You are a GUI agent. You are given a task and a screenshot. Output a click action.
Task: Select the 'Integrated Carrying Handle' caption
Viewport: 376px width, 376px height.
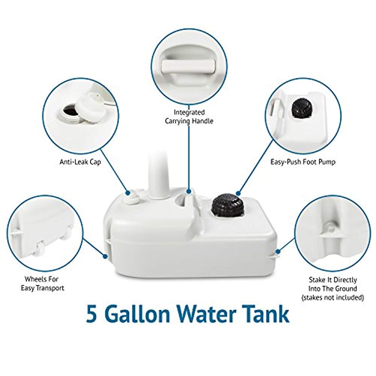click(x=189, y=117)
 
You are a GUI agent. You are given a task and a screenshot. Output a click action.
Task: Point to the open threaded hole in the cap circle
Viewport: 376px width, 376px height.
click(x=69, y=111)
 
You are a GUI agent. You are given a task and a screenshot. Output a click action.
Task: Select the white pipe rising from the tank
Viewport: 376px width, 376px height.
click(x=157, y=177)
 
